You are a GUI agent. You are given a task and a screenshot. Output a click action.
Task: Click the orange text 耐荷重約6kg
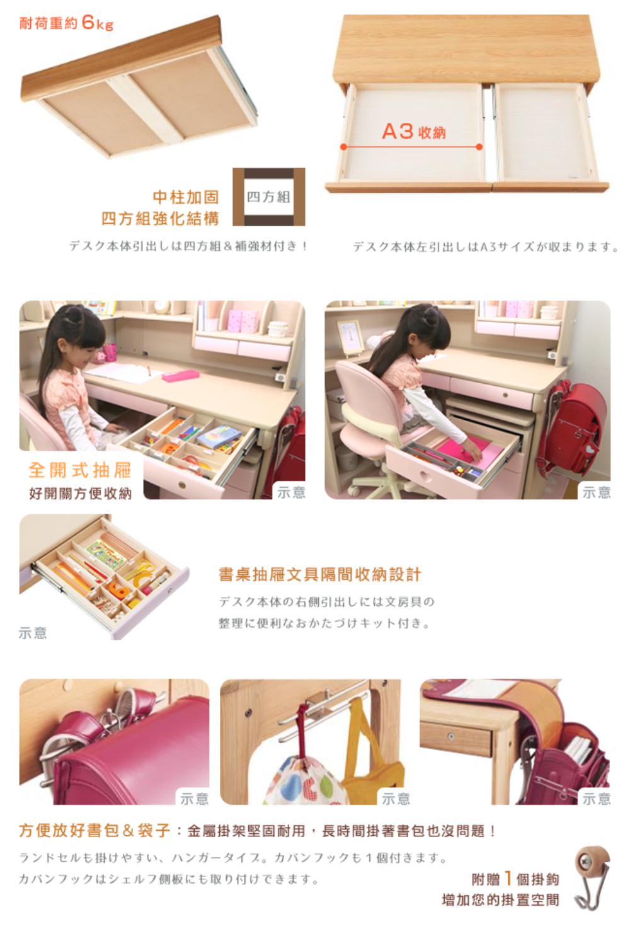(66, 23)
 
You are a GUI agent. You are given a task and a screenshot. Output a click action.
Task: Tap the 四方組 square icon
(269, 197)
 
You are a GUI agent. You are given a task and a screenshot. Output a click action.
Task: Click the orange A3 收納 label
(414, 131)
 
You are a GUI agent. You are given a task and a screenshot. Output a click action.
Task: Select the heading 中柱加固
(186, 197)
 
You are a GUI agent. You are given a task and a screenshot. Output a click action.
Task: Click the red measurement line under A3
(411, 147)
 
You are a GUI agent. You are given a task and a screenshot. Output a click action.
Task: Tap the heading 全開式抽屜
(80, 470)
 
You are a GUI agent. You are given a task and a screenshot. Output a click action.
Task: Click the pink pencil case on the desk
(181, 376)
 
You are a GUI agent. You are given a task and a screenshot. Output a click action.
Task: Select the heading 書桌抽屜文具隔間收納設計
(319, 574)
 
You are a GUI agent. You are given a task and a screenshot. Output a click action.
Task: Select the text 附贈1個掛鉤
(515, 879)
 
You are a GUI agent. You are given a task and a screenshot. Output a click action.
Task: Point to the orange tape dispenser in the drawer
(119, 590)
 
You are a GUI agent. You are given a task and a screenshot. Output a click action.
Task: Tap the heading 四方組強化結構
(160, 218)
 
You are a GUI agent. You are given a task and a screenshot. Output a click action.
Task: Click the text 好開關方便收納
(80, 493)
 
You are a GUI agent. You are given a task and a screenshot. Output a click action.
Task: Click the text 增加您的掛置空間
(500, 900)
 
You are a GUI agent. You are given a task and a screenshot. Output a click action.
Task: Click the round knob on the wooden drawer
(451, 736)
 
